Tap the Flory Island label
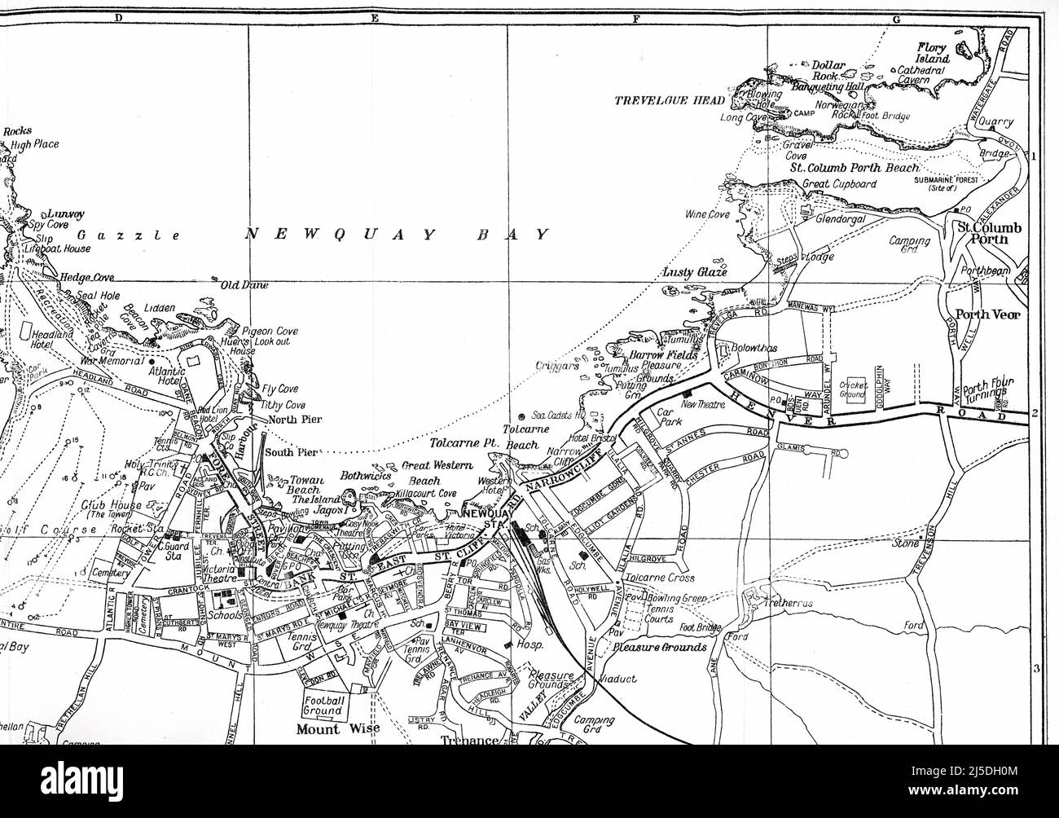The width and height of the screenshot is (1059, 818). click(932, 53)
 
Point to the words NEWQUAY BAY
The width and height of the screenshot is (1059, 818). click(397, 235)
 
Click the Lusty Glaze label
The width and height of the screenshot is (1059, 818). click(695, 272)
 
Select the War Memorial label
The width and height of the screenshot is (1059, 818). click(112, 360)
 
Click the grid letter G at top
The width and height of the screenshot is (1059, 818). click(896, 17)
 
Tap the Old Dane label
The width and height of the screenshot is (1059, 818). click(244, 285)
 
